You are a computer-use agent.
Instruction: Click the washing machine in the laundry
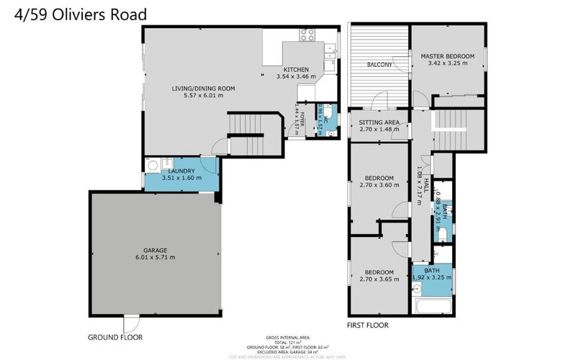tap(153, 165)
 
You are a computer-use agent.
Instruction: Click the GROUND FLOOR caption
tap(115, 337)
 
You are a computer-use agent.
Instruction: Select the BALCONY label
tap(379, 65)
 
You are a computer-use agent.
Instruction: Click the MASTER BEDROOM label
tap(448, 56)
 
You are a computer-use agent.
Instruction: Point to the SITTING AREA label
tap(379, 122)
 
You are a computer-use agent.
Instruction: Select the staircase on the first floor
tap(452, 130)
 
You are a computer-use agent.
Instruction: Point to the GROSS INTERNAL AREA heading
tap(288, 336)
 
